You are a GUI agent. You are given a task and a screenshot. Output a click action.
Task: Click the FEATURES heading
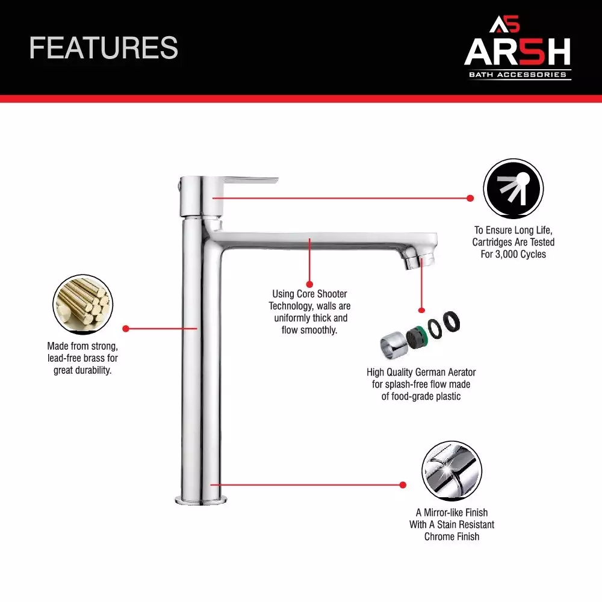(x=104, y=48)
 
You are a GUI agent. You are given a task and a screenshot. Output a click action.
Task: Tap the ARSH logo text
(x=517, y=53)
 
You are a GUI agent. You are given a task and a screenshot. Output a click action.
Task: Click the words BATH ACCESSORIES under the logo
(x=518, y=75)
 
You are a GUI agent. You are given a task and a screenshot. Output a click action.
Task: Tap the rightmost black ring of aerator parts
(x=452, y=320)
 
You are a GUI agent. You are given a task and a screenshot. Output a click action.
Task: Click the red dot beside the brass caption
(x=126, y=329)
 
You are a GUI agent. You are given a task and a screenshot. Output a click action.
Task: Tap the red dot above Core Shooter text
(x=309, y=283)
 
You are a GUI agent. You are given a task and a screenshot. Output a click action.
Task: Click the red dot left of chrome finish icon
(x=403, y=484)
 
